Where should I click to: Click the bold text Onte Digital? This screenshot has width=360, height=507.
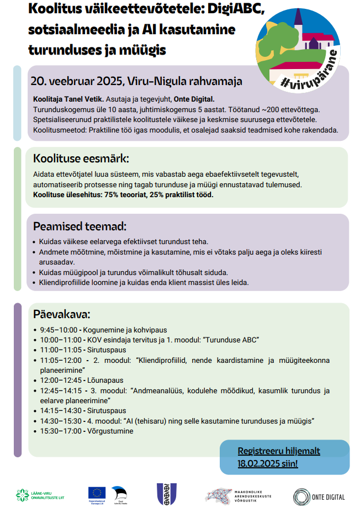pos(195,99)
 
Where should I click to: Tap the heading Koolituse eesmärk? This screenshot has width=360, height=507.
pos(81,158)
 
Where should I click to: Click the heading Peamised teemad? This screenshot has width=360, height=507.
pos(80,226)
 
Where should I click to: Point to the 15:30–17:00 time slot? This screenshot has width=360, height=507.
pos(60,431)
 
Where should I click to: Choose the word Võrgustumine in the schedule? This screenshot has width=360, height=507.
pos(108,431)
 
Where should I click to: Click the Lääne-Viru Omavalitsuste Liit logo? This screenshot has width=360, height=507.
pos(38,495)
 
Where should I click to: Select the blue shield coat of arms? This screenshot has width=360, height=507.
pos(166,494)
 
